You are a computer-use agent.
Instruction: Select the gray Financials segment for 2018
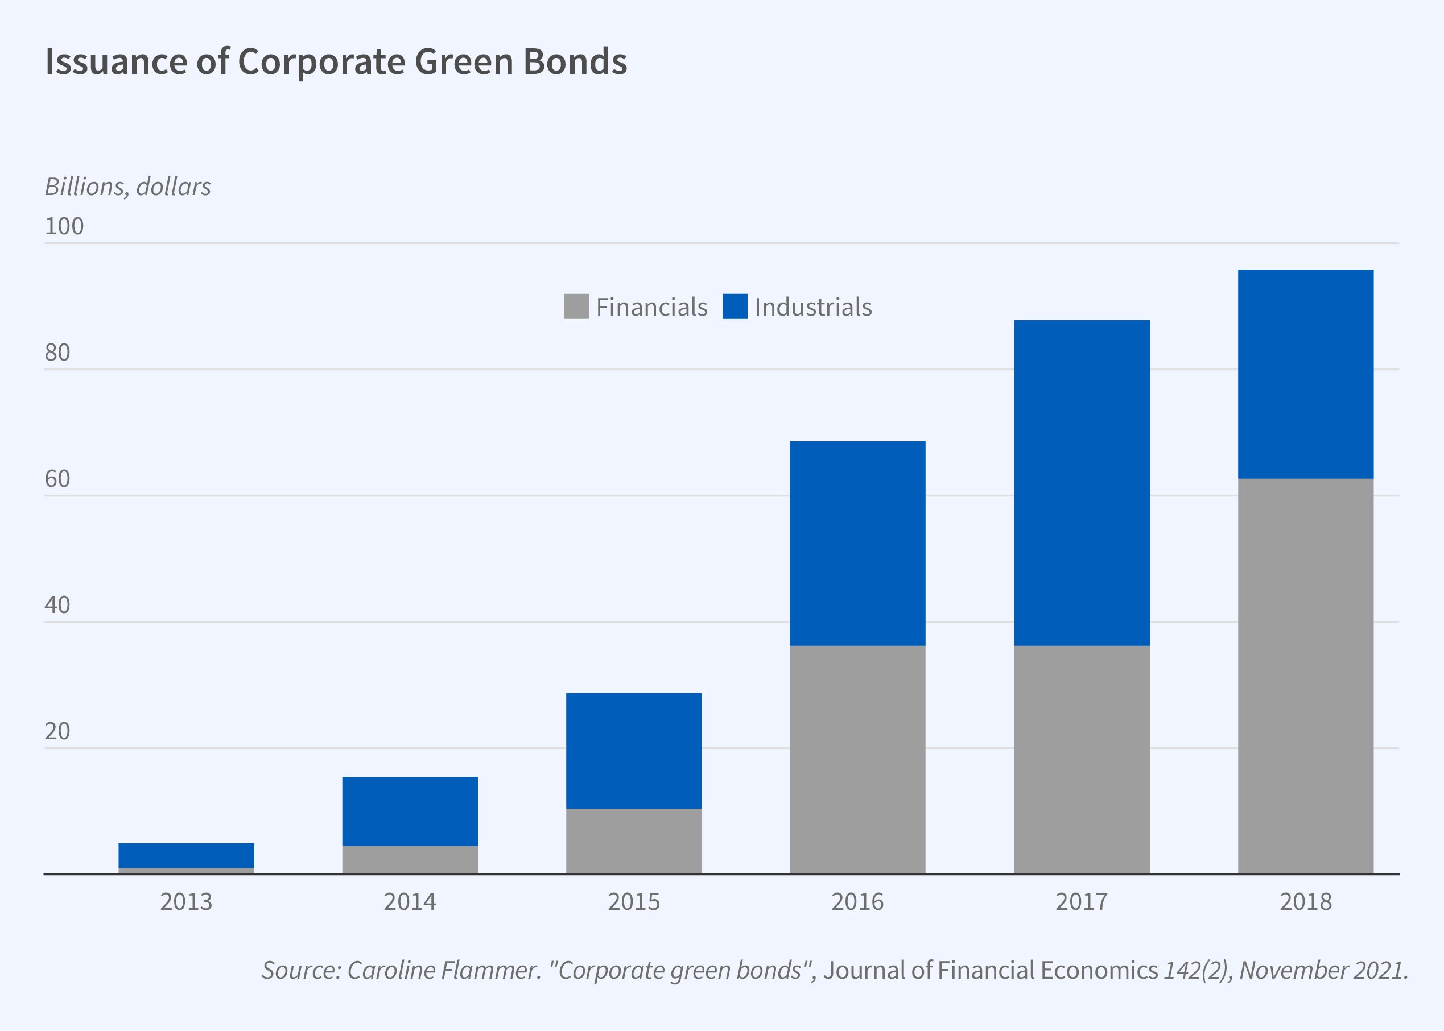[1306, 676]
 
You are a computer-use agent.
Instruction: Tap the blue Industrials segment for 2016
[857, 543]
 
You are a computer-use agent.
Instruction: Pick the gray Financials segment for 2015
[634, 840]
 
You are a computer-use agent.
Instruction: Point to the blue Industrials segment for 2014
[410, 811]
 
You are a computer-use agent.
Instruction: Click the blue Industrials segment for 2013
[186, 855]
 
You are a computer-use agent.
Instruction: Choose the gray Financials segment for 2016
[857, 759]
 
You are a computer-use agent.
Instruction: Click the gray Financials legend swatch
[576, 307]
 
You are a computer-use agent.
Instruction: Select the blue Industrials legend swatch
[735, 307]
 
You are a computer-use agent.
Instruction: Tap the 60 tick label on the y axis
[57, 479]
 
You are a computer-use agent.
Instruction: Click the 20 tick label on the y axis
[57, 731]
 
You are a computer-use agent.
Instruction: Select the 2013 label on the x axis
[186, 901]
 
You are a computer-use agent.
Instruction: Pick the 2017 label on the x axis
[1082, 901]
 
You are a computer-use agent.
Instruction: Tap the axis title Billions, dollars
[127, 187]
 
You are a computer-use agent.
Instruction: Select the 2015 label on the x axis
[634, 901]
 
